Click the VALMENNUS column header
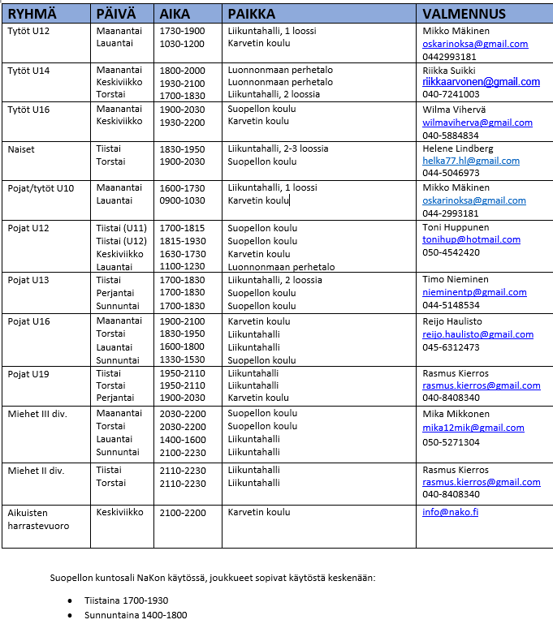464,14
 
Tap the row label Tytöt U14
28,71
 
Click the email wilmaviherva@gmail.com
477,123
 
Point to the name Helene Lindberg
458,149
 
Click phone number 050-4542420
451,252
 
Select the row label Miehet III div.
37,414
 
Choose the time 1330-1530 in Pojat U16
182,359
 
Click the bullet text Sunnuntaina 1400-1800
136,615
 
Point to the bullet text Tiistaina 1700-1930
126,600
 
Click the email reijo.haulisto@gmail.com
477,334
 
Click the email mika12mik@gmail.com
473,428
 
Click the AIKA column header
175,14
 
